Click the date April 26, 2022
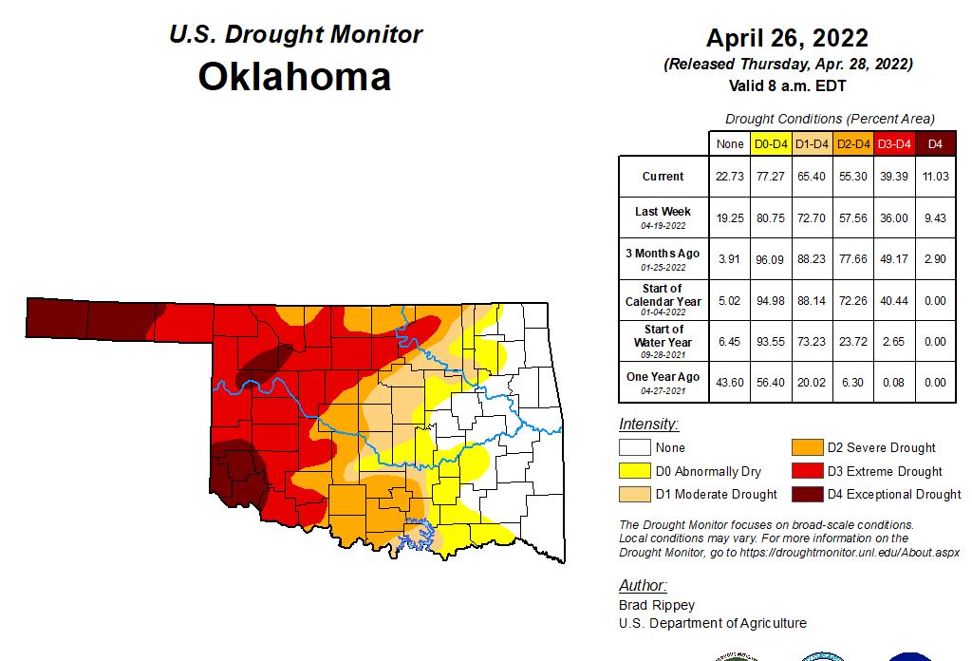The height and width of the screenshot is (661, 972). pyautogui.click(x=787, y=38)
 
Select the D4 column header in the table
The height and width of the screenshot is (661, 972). pyautogui.click(x=934, y=144)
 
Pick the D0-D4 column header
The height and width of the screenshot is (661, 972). pyautogui.click(x=770, y=144)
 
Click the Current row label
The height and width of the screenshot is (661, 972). pyautogui.click(x=663, y=177)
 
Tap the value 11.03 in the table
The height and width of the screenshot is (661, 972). pyautogui.click(x=934, y=177)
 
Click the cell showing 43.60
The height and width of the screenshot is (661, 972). pyautogui.click(x=729, y=382)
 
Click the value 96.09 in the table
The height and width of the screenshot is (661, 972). pyautogui.click(x=770, y=258)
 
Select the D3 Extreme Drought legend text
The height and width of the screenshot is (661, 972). pyautogui.click(x=885, y=471)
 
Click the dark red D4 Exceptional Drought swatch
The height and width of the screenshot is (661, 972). pyautogui.click(x=807, y=494)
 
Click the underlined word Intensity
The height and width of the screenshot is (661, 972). pyautogui.click(x=648, y=425)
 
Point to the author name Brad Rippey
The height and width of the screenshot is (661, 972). pyautogui.click(x=657, y=605)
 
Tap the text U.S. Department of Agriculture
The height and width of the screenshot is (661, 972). pyautogui.click(x=713, y=623)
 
